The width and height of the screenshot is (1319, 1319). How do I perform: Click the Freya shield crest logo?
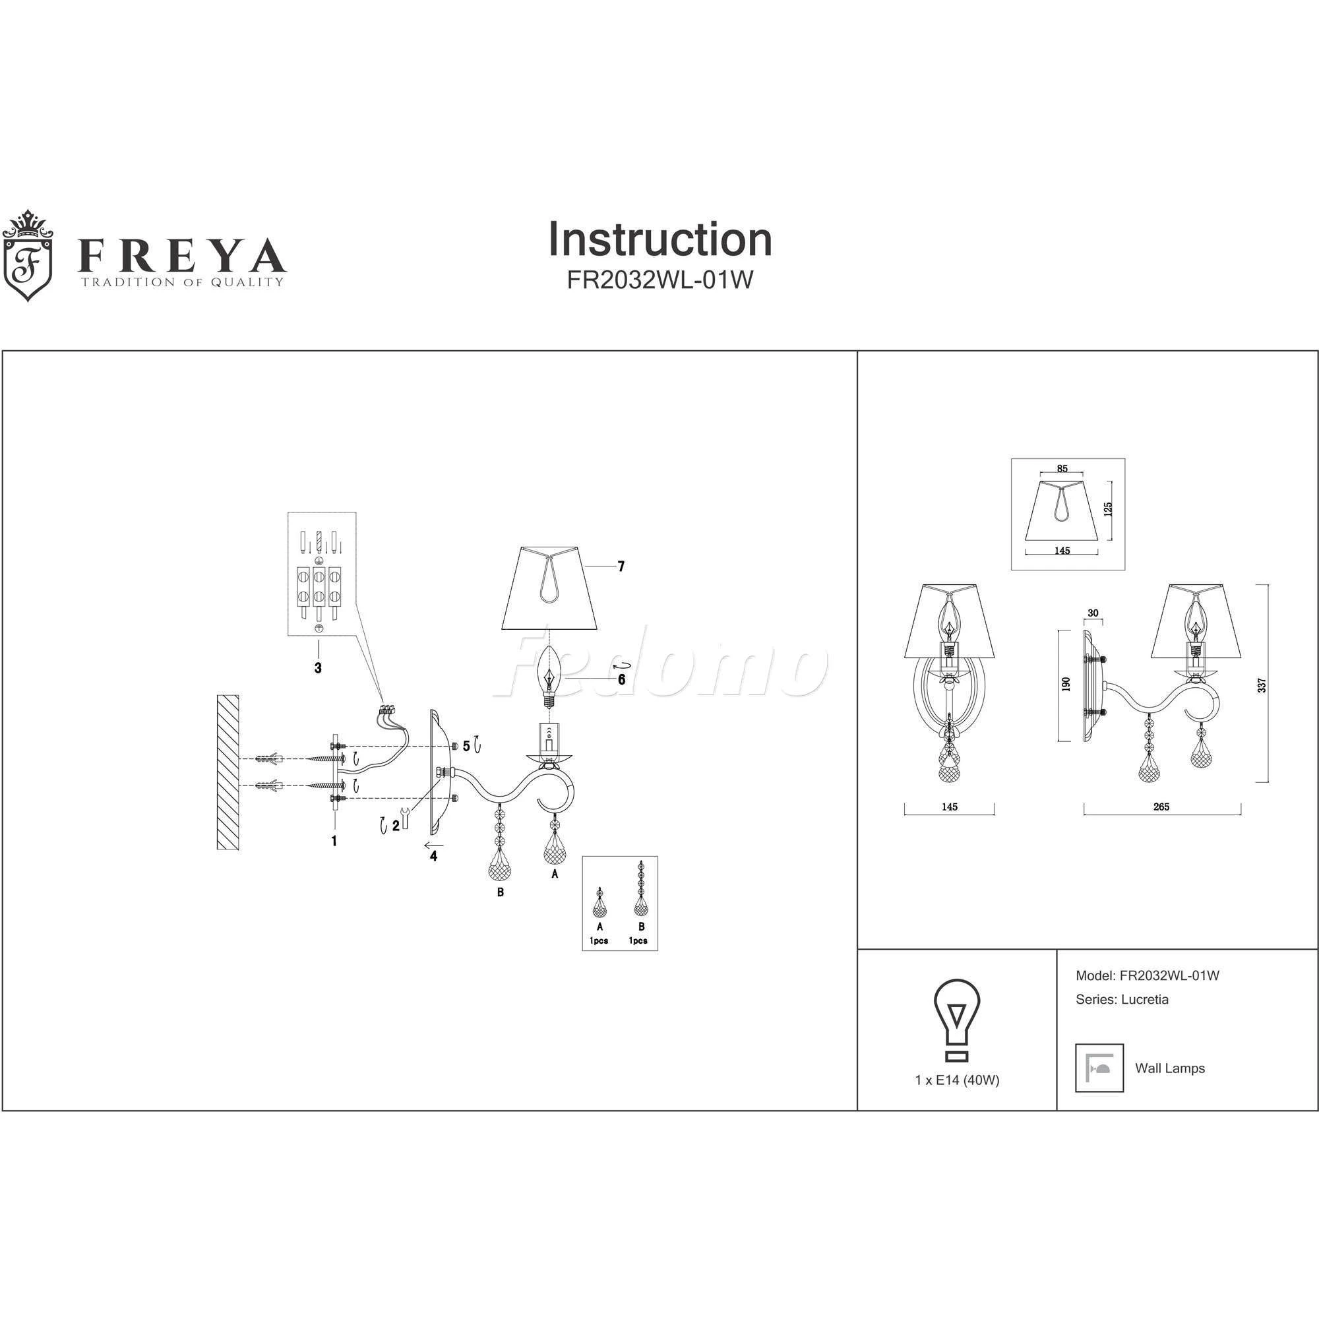tap(27, 256)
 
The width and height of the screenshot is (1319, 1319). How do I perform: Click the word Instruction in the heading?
tap(660, 239)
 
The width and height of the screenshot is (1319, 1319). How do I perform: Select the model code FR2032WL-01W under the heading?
tap(659, 280)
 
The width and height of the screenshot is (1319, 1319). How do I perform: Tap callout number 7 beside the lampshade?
tap(621, 567)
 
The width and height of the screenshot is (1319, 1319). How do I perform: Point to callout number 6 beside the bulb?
tap(621, 680)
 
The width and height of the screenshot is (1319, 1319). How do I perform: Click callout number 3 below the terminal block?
tap(318, 667)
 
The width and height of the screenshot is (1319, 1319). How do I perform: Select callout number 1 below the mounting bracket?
tap(334, 841)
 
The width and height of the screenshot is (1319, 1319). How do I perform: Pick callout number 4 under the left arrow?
tap(433, 856)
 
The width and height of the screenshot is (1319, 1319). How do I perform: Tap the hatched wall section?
tap(228, 772)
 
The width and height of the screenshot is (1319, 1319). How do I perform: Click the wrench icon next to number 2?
tap(405, 818)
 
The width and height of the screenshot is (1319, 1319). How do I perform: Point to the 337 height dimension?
tap(1262, 685)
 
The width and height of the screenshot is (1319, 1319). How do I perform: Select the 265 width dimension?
tap(1161, 807)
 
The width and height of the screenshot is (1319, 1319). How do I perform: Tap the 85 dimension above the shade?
tap(1062, 469)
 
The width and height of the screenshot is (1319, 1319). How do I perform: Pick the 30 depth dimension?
tap(1093, 613)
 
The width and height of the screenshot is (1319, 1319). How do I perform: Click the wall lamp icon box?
tap(1099, 1068)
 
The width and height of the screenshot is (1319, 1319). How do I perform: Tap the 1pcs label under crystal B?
tap(638, 941)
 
